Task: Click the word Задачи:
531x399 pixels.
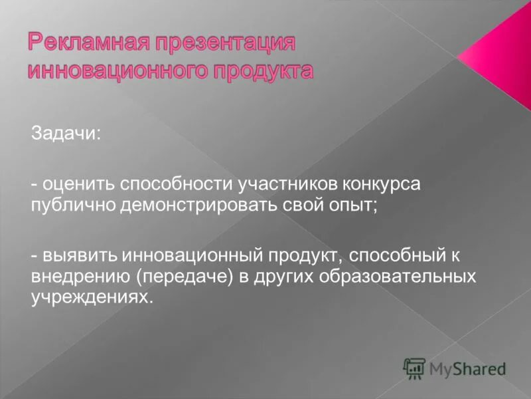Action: click(x=65, y=134)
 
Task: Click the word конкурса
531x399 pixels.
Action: click(x=384, y=183)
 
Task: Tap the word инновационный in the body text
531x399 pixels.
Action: click(x=192, y=255)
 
